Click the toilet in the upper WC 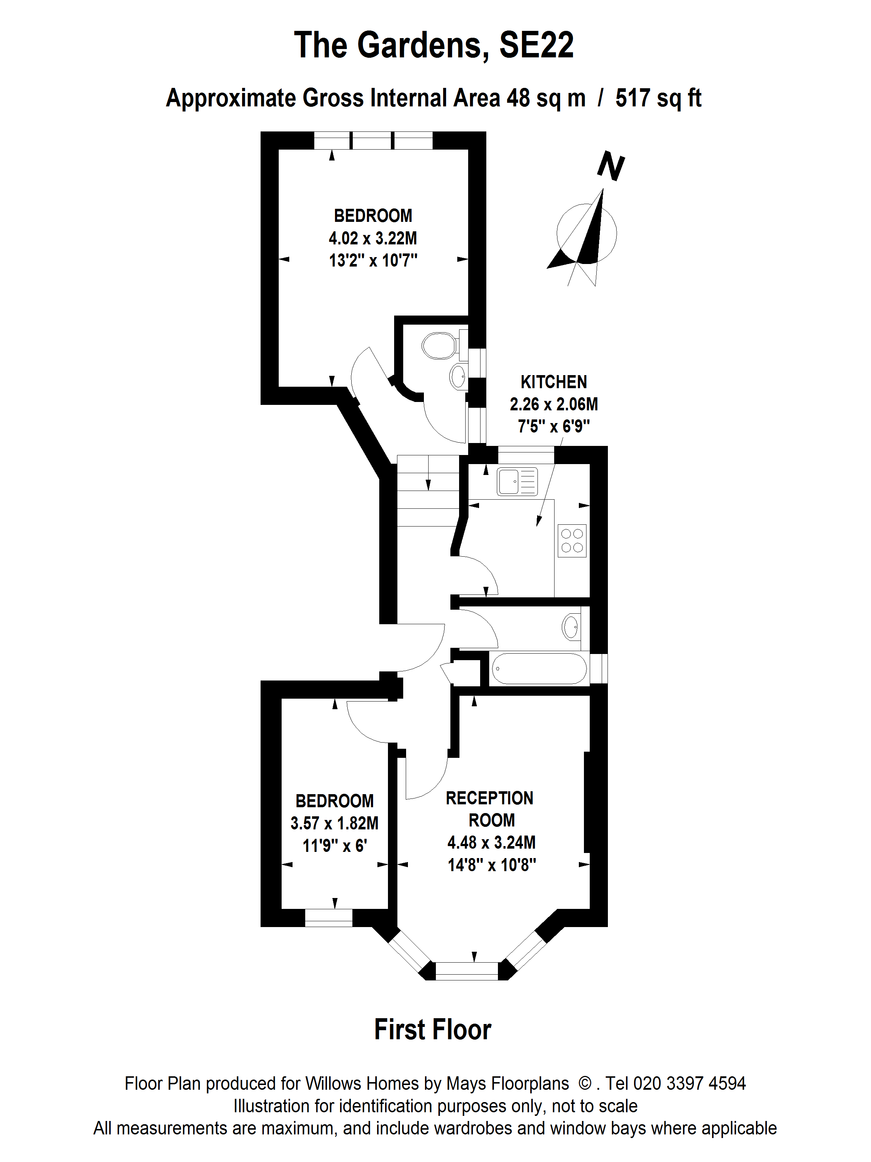(439, 345)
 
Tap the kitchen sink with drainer (517, 481)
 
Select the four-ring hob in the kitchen (572, 541)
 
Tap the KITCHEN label (553, 382)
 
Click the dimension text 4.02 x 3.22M (373, 238)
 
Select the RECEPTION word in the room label (489, 798)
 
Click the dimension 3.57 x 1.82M (335, 822)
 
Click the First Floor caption (433, 1029)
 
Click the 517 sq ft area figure (658, 98)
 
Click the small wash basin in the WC (458, 377)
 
